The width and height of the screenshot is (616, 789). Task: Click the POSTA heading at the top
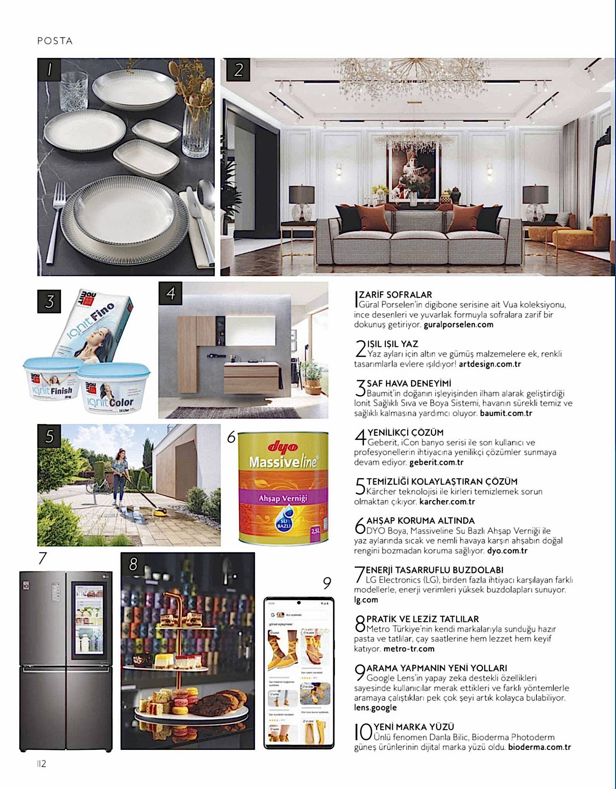pos(55,41)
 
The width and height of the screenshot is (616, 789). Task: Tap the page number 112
pos(42,763)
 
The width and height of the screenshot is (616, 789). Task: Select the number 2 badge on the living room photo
pos(238,69)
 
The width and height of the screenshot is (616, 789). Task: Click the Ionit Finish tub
pos(52,379)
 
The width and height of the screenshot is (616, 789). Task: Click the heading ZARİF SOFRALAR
pos(395,295)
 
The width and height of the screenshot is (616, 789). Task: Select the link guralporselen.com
pos(459,324)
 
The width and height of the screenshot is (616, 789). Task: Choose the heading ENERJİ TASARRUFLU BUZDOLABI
pos(434,570)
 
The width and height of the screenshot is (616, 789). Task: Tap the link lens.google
pos(375,707)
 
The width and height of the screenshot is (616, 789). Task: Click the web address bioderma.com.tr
pos(539,747)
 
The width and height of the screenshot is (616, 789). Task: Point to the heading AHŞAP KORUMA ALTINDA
pos(420,521)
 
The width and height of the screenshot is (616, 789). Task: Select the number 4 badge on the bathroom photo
pos(171,293)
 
